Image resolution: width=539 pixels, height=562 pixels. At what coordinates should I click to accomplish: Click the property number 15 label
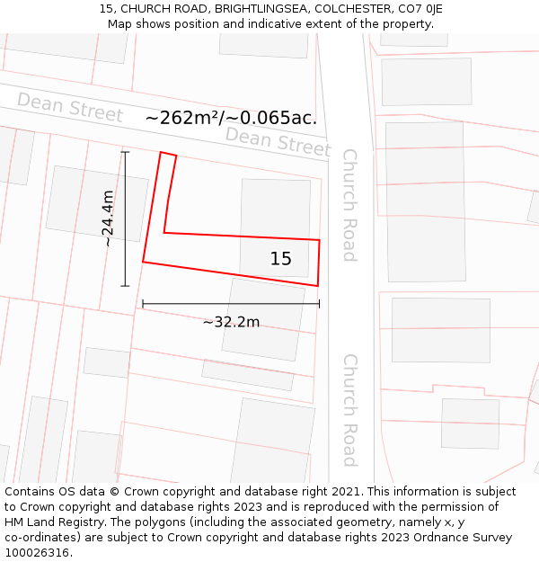coord(281,259)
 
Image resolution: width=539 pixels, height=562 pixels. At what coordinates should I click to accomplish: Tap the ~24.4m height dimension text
coord(107,219)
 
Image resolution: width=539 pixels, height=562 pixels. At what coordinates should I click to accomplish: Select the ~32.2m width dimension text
coord(231,322)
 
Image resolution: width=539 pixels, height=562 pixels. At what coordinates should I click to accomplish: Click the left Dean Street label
coord(69,108)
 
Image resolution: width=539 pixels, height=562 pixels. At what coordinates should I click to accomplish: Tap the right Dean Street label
coord(278,140)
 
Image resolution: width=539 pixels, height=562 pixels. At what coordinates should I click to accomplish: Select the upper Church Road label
coord(349,205)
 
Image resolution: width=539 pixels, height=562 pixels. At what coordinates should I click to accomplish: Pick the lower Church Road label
coord(349,409)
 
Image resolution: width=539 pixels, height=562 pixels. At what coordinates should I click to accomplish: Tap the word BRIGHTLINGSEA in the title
coord(261,9)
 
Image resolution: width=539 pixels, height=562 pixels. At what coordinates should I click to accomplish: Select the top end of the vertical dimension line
coord(125,152)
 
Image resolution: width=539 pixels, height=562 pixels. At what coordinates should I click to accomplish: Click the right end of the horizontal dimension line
coord(319,304)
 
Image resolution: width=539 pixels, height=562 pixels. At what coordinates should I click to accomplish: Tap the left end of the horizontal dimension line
coord(143,304)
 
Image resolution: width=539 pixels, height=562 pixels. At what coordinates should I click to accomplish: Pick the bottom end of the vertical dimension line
coord(125,286)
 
